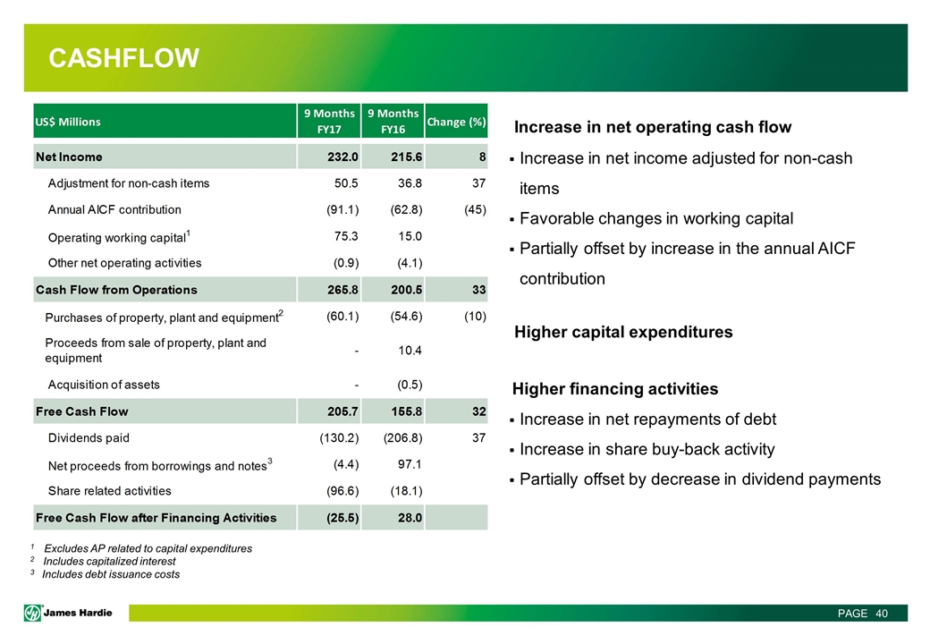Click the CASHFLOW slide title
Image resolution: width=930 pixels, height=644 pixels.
pos(123,59)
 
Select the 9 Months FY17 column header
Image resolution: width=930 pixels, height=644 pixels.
pos(330,121)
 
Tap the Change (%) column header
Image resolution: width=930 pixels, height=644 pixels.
pos(456,121)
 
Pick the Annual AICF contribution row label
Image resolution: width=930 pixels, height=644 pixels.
pos(114,209)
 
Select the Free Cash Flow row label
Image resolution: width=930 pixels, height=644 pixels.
pos(81,411)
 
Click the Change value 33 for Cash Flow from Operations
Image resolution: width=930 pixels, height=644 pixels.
pos(478,290)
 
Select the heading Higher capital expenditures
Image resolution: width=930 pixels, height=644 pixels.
pos(623,332)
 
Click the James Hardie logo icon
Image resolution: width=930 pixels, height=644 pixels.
pos(33,612)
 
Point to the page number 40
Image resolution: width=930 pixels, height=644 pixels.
pos(882,614)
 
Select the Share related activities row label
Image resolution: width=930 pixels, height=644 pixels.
pos(109,491)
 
